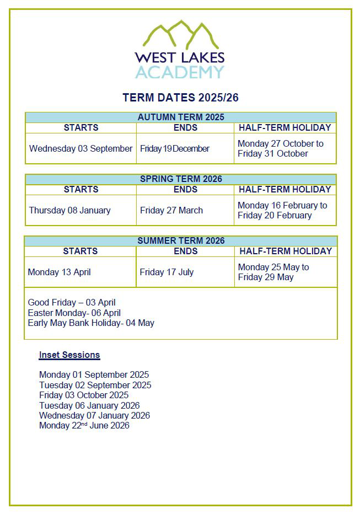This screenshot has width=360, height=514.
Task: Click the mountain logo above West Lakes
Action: coord(180,34)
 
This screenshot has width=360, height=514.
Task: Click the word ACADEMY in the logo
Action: coord(180,72)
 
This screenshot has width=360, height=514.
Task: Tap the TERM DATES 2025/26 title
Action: coord(180,98)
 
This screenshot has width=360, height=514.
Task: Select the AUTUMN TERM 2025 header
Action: coord(180,117)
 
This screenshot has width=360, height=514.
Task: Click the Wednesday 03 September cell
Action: coord(80,148)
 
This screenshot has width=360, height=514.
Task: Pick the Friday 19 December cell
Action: coord(175,148)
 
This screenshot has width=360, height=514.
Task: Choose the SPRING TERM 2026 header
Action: coord(180,179)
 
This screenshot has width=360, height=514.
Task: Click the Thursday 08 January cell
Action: coord(69,210)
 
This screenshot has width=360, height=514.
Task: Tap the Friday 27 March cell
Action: coord(171,210)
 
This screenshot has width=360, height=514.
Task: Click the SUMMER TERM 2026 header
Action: coord(180,240)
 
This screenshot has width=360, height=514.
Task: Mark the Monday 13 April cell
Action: coord(59,272)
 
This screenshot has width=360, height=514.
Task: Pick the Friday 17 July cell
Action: coord(166,272)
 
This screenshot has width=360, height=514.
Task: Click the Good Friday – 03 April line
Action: coord(72,302)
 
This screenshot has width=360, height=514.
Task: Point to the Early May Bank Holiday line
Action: coord(91,323)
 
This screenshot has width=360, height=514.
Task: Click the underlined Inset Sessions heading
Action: coord(69,355)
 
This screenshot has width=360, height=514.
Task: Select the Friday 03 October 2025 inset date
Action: coord(84,395)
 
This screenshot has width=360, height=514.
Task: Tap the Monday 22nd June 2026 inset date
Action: coord(84,425)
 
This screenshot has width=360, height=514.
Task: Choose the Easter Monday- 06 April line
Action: coord(74,313)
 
